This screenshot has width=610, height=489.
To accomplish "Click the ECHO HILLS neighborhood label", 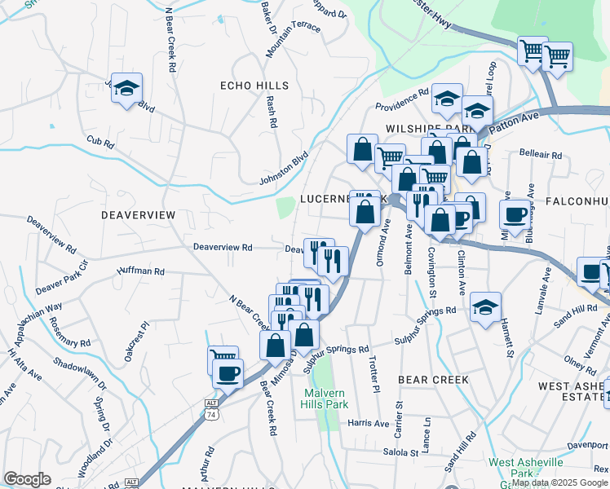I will tap(254, 86).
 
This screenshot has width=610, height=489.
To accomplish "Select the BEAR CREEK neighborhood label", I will tap(432, 380).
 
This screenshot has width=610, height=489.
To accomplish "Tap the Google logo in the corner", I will tap(27, 479).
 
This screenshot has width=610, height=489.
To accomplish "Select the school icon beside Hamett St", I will tap(485, 306).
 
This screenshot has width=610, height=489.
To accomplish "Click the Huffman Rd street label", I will tap(141, 271).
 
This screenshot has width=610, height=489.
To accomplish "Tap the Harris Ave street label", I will tap(368, 423).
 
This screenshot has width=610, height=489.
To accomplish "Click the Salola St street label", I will tap(400, 452).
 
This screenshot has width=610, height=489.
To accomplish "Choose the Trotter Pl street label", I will tap(374, 374).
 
